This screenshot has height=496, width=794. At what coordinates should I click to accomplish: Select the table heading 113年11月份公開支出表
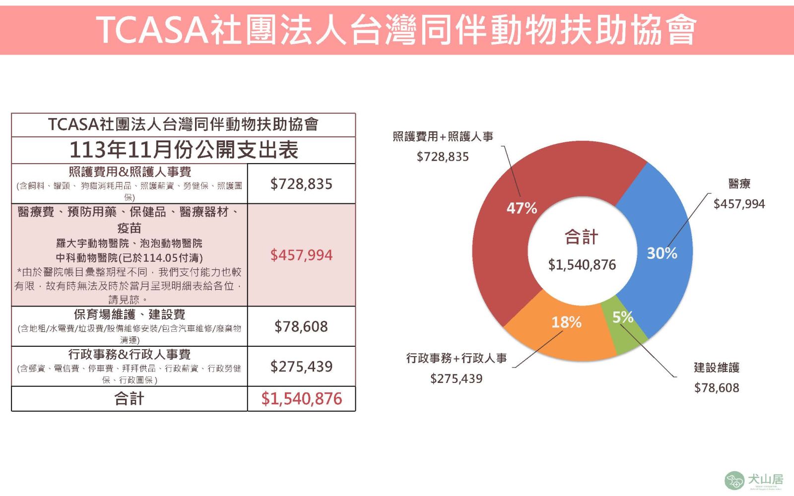pyautogui.click(x=184, y=150)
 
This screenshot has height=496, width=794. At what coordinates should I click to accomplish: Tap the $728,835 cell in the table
pyautogui.click(x=301, y=184)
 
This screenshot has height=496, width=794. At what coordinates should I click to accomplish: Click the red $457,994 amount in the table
pyautogui.click(x=301, y=255)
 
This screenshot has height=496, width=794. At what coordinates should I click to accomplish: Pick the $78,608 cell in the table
pyautogui.click(x=301, y=326)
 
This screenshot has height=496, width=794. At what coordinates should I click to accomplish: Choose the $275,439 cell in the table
pyautogui.click(x=301, y=367)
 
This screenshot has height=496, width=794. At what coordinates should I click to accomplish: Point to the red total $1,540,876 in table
pyautogui.click(x=301, y=399)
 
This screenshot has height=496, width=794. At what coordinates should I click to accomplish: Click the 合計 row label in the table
pyautogui.click(x=129, y=399)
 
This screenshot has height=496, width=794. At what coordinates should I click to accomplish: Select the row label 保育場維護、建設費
pyautogui.click(x=129, y=314)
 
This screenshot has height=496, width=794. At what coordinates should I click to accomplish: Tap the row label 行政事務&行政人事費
pyautogui.click(x=129, y=354)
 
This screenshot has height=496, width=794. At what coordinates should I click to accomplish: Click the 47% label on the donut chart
pyautogui.click(x=522, y=208)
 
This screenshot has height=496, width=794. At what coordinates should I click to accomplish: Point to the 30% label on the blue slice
pyautogui.click(x=662, y=253)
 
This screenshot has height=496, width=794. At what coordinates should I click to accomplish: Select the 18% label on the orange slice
pyautogui.click(x=566, y=322)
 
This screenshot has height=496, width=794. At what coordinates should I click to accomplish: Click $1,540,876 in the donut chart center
pyautogui.click(x=582, y=265)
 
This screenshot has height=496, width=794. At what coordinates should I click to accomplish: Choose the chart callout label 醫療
pyautogui.click(x=739, y=184)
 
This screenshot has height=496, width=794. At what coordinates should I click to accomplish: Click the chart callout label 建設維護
pyautogui.click(x=717, y=368)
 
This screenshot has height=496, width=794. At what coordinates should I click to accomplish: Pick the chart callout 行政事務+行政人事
pyautogui.click(x=457, y=358)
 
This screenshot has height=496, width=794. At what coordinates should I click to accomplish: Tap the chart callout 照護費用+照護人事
pyautogui.click(x=443, y=136)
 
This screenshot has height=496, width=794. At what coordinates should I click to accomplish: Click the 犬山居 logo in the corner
pyautogui.click(x=754, y=480)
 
